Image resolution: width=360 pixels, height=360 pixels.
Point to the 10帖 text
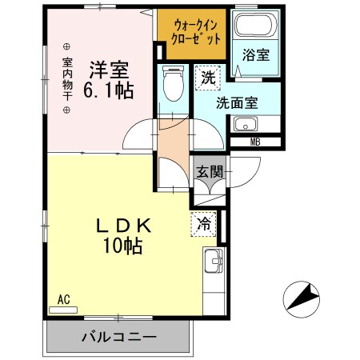click(x=122, y=246)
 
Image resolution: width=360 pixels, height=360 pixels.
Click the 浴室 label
click(x=255, y=56)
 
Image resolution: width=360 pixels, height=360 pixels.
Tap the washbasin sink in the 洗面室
click(x=246, y=125)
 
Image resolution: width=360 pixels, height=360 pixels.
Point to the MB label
click(x=255, y=142)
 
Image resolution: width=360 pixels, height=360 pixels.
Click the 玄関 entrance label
click(x=211, y=170)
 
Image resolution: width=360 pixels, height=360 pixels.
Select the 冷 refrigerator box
click(x=204, y=225)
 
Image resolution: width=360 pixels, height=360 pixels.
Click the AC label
click(x=64, y=300)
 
